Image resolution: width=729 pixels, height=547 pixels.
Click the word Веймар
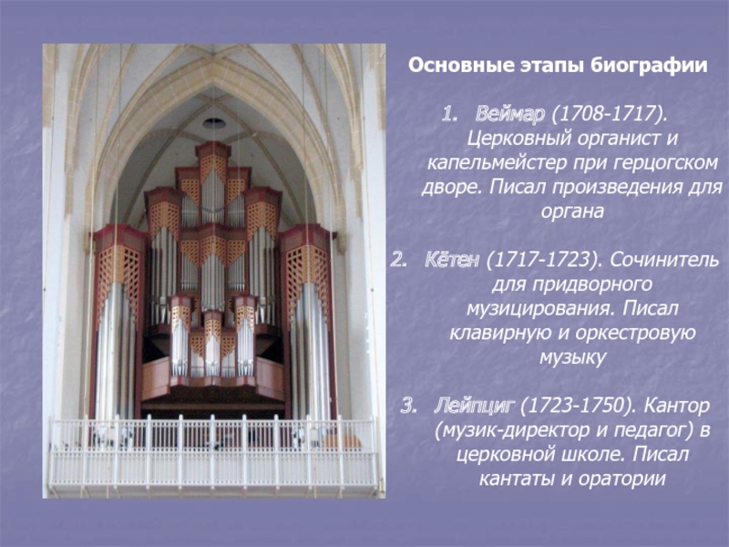click(x=510, y=114)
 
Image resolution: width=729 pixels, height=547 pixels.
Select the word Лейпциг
click(x=474, y=406)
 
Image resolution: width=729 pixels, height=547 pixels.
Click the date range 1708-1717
click(x=606, y=114)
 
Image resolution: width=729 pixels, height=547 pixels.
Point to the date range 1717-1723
click(x=541, y=260)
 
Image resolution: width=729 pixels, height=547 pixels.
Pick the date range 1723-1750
click(x=575, y=406)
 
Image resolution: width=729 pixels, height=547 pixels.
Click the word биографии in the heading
click(x=650, y=66)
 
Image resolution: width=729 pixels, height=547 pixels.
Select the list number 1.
click(x=448, y=115)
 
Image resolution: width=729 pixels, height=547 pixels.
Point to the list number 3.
click(x=408, y=407)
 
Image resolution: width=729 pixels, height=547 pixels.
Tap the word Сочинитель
click(x=664, y=260)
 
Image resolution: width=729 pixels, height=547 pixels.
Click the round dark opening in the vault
click(x=214, y=123)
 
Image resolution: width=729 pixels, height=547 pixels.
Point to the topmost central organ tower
click(x=213, y=181)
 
